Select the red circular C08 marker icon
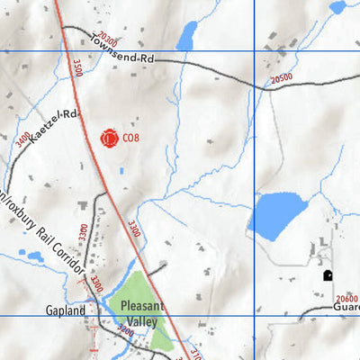(109, 139)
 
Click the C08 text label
(131, 139)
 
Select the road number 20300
(107, 38)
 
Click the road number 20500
(281, 79)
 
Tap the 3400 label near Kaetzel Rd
(22, 141)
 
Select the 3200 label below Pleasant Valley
(125, 332)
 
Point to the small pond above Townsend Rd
(186, 36)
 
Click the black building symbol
(327, 275)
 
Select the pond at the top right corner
(337, 6)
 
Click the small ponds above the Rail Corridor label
(36, 256)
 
